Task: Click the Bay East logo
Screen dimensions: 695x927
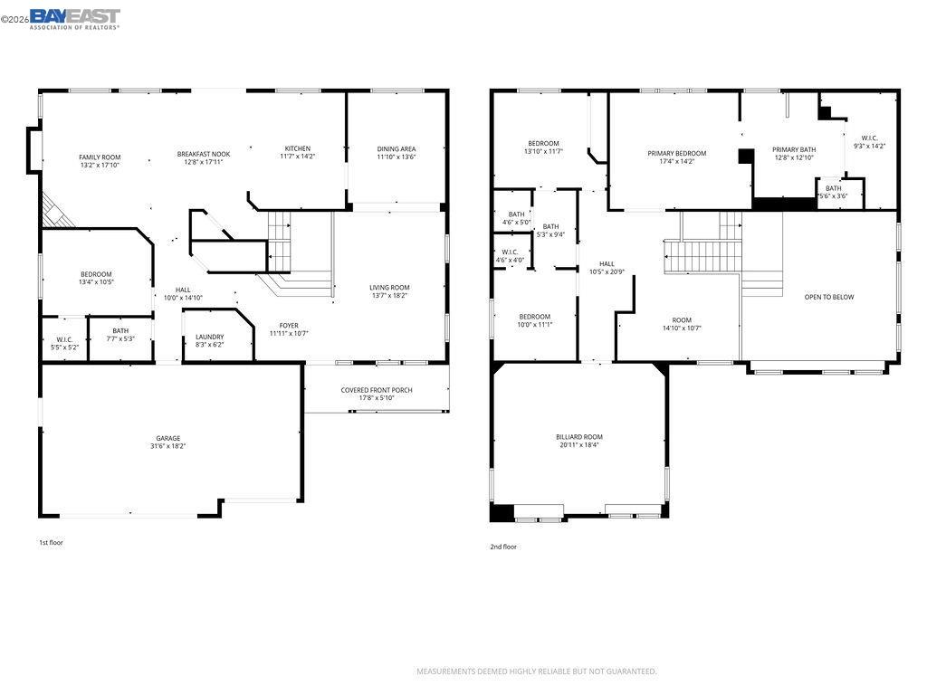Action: point(74,17)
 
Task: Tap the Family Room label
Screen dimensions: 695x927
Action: point(100,157)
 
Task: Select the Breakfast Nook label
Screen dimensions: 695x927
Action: point(204,154)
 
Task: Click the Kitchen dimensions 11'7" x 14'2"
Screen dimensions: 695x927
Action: point(298,157)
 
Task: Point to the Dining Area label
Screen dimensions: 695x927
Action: point(397,148)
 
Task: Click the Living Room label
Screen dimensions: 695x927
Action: point(389,288)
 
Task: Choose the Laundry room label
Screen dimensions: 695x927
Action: point(209,337)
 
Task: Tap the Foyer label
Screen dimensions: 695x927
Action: point(289,326)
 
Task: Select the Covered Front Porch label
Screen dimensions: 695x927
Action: point(377,390)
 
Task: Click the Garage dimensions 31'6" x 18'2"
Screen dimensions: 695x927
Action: point(168,446)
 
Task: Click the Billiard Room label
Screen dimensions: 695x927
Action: point(579,437)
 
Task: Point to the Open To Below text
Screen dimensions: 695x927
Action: point(829,297)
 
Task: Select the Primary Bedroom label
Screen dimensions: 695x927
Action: point(677,153)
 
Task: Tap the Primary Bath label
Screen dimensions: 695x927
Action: point(794,149)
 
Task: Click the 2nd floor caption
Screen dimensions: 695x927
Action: point(503,547)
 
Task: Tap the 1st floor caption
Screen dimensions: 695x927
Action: point(51,543)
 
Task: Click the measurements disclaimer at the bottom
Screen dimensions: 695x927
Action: point(537,671)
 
